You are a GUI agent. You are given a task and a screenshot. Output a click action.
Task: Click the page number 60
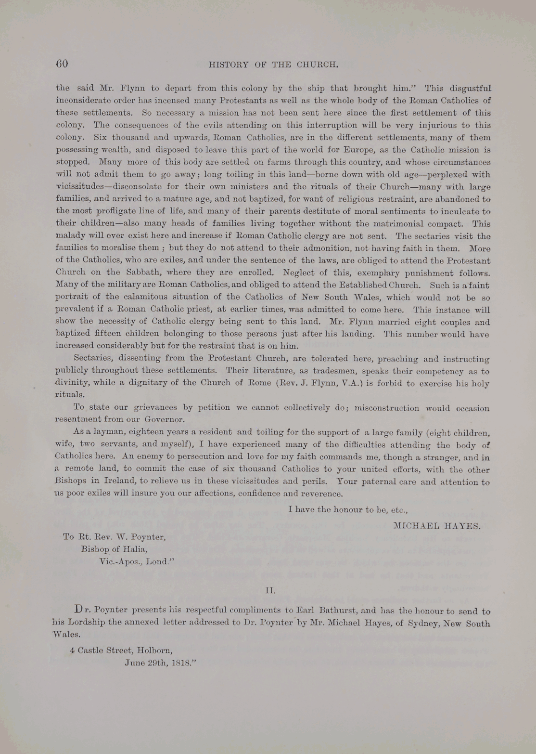click(62, 64)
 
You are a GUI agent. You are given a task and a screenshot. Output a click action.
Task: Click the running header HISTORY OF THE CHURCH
click(274, 65)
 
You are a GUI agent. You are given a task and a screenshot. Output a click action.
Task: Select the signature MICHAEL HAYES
click(436, 526)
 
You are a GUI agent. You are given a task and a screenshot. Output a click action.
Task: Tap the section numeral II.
click(270, 589)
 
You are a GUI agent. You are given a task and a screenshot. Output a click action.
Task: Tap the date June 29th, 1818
click(160, 663)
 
